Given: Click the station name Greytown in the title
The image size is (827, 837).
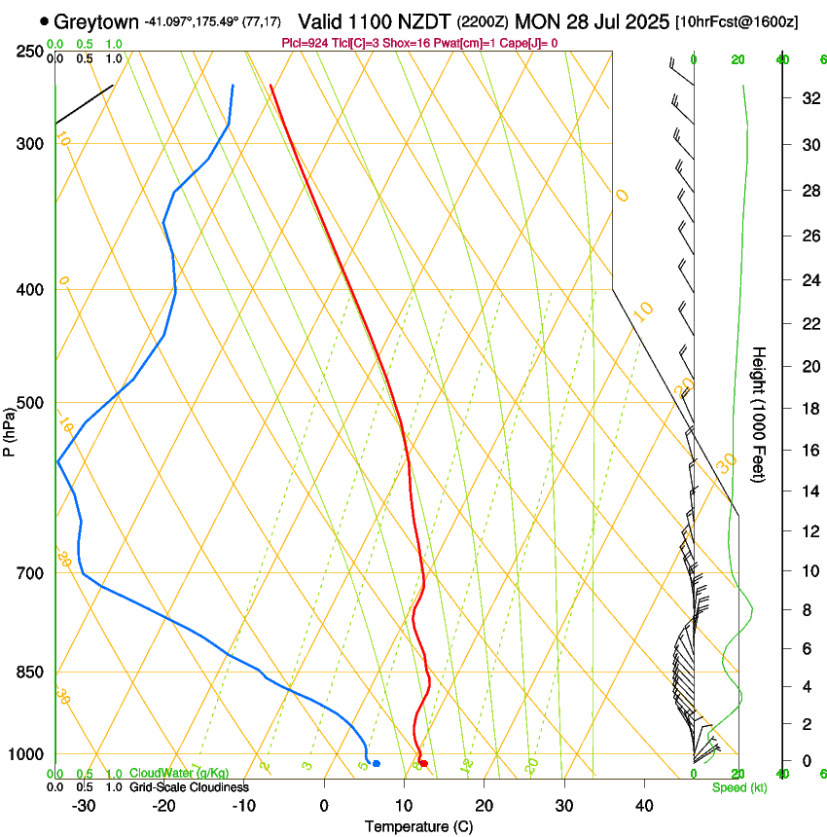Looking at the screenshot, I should tap(97, 21).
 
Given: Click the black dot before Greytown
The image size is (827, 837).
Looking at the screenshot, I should tap(45, 20).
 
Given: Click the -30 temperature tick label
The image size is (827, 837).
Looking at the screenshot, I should tap(84, 805).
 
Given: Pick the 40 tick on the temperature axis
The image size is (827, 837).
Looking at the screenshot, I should tap(643, 805).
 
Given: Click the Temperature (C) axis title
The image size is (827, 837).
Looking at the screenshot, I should tap(418, 826).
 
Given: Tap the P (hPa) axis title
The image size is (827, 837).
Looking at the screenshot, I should tap(10, 425).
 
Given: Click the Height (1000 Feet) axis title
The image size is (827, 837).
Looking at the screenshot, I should tap(760, 414).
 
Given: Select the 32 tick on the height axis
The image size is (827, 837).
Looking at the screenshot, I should tap(809, 98).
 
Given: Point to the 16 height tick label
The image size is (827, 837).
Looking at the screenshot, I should tap(809, 451).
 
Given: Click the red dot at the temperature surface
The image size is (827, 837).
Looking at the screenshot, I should tap(423, 763).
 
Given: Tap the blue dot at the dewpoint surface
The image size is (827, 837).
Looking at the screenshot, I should tap(376, 763).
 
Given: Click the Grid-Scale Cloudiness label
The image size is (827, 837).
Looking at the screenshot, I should tap(189, 786).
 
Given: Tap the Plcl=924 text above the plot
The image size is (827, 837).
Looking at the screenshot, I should tap(304, 43).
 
